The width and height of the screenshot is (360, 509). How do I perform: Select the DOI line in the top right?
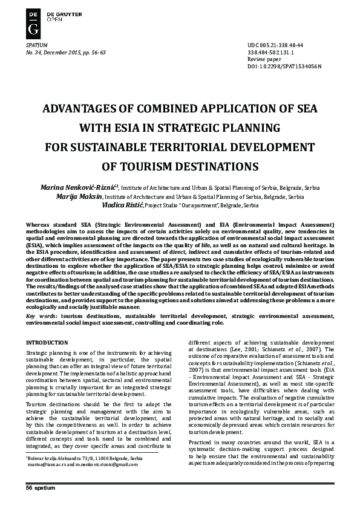pos(284,65)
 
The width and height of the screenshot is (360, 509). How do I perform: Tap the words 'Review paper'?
pos(265,59)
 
